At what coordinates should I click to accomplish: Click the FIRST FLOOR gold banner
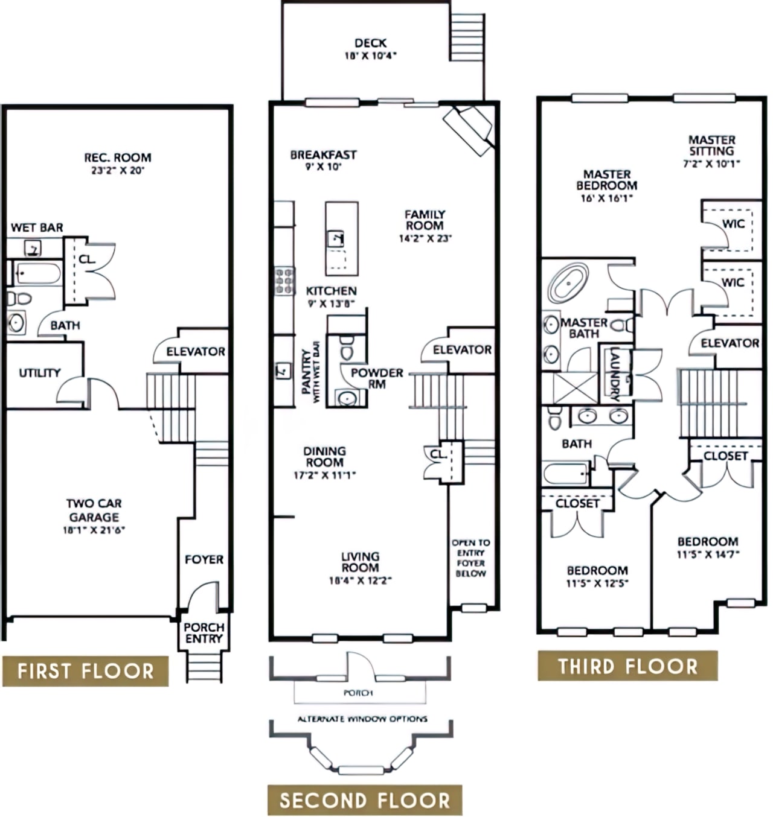(85, 671)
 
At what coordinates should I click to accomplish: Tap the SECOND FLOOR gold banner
(365, 800)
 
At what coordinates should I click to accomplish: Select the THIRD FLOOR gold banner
(627, 666)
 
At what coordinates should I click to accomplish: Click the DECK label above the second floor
(370, 43)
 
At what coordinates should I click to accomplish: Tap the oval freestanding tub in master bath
(568, 282)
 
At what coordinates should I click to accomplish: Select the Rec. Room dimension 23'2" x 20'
(118, 171)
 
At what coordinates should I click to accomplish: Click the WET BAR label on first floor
(37, 227)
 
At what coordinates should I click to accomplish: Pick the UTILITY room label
(40, 373)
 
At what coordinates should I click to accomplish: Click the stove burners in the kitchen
(284, 281)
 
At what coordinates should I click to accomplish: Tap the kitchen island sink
(336, 238)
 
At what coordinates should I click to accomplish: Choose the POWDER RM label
(377, 378)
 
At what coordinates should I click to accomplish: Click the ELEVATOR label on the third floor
(730, 343)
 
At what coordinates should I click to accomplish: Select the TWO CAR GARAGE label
(94, 510)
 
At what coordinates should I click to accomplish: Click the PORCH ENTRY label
(204, 633)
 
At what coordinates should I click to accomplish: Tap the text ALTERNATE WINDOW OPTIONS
(362, 719)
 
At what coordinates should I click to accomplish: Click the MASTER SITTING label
(712, 145)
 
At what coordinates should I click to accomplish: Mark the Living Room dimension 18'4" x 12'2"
(361, 581)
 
